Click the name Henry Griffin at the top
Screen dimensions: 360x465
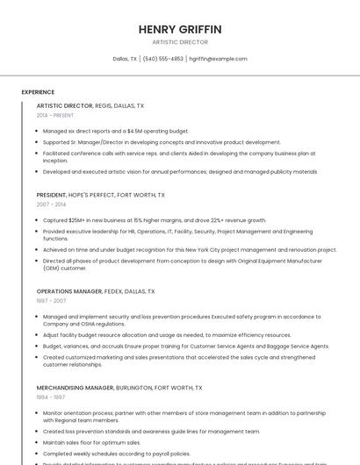tap(180, 29)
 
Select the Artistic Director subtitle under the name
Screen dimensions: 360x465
tap(180, 41)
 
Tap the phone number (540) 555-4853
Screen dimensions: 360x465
tap(162, 59)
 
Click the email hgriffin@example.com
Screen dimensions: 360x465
tap(219, 59)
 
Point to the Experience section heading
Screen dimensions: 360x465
tap(38, 92)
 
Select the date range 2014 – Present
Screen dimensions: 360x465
tap(55, 115)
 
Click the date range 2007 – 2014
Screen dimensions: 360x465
tap(51, 204)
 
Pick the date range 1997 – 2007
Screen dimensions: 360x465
tap(51, 300)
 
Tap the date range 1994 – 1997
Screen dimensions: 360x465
tap(50, 397)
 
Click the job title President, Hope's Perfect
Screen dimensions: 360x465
tap(100, 195)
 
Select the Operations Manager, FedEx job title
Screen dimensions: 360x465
tap(95, 291)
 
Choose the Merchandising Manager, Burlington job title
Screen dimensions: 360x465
tap(119, 387)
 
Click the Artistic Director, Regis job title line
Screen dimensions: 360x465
tap(90, 105)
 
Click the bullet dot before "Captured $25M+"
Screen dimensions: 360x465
tap(37, 220)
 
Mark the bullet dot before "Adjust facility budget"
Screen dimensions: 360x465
tap(37, 335)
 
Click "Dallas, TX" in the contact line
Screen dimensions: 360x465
tap(125, 59)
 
